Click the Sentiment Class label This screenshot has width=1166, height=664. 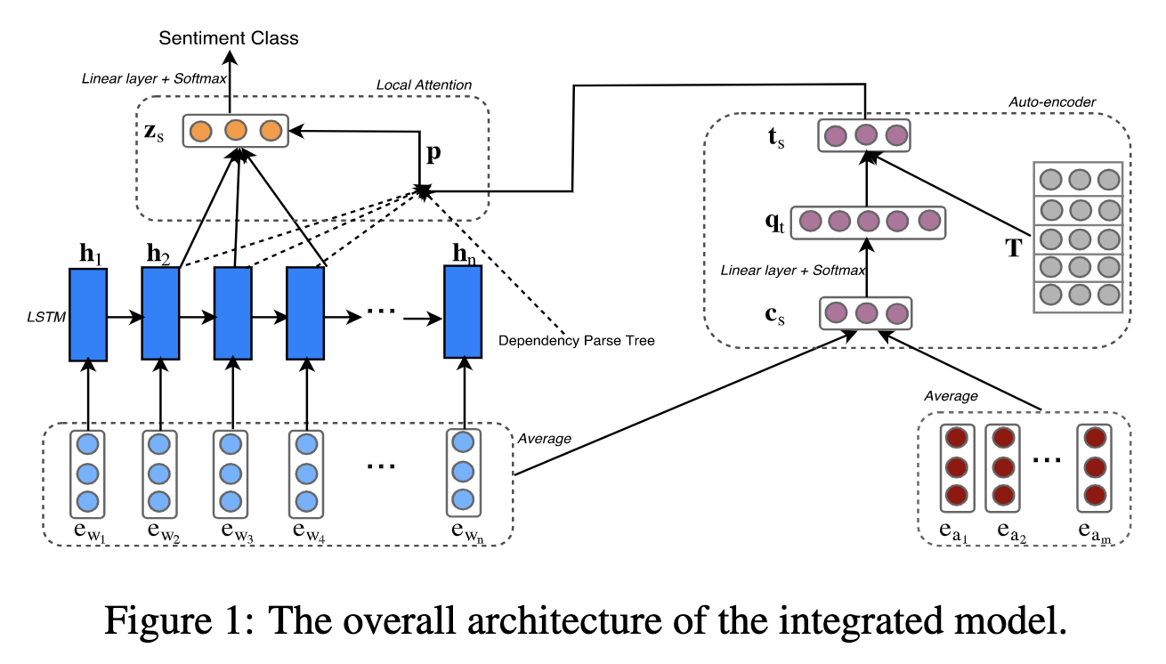click(x=229, y=37)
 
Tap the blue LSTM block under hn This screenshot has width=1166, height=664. click(x=463, y=312)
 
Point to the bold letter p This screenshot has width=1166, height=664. click(x=433, y=151)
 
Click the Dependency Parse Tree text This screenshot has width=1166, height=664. click(x=577, y=340)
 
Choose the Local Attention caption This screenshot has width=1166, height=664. click(x=424, y=85)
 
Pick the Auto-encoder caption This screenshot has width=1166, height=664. click(x=1051, y=102)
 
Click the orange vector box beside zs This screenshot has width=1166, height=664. click(x=235, y=132)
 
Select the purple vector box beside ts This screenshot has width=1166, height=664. click(x=865, y=136)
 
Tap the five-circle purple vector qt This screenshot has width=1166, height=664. click(x=868, y=221)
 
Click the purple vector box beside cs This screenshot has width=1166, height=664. click(x=865, y=313)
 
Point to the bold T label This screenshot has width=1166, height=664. click(x=1014, y=248)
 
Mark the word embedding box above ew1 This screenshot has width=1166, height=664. click(x=87, y=472)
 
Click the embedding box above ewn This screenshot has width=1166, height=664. click(x=463, y=472)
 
